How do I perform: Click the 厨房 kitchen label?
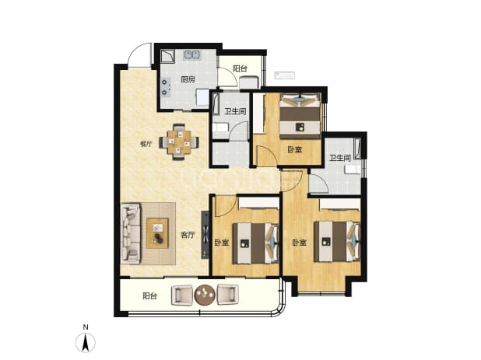[188, 80]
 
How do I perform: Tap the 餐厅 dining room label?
[146, 144]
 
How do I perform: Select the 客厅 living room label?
[188, 235]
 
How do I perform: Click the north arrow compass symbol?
[86, 342]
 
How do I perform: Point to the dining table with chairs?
[179, 142]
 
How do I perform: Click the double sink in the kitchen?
[192, 55]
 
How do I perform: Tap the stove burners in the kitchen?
[166, 87]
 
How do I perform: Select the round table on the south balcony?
[205, 295]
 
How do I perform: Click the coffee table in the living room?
[157, 233]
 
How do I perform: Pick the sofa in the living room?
[131, 233]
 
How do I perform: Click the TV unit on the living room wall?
[205, 234]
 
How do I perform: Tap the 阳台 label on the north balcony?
[240, 68]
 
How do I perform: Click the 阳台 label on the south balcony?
[150, 296]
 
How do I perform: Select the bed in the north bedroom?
[300, 116]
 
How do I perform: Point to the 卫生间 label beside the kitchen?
[235, 111]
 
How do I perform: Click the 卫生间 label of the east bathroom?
[340, 158]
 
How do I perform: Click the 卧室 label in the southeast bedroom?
[300, 243]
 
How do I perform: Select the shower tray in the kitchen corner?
[168, 56]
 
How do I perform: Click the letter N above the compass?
[86, 327]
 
